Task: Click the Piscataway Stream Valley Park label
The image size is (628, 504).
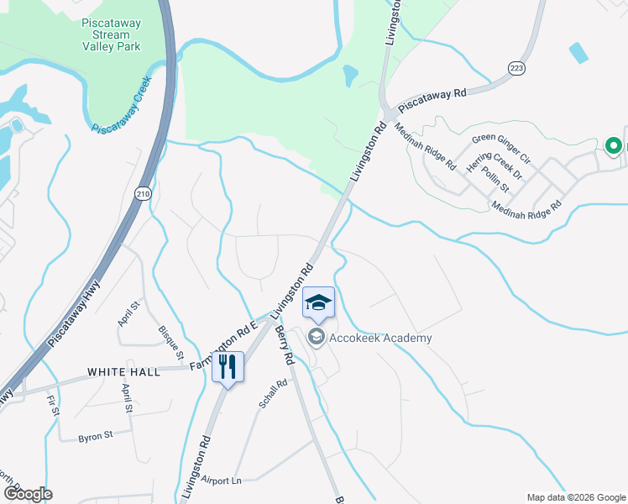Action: pyautogui.click(x=118, y=35)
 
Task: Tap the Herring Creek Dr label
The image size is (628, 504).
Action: pyautogui.click(x=495, y=165)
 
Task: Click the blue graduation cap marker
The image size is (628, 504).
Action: pyautogui.click(x=318, y=302)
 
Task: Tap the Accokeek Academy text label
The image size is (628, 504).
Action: pyautogui.click(x=380, y=338)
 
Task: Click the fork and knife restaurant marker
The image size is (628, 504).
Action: pyautogui.click(x=228, y=366)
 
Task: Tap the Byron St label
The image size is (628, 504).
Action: pyautogui.click(x=95, y=437)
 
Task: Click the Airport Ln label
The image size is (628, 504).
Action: pyautogui.click(x=222, y=480)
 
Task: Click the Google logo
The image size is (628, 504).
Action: pyautogui.click(x=28, y=493)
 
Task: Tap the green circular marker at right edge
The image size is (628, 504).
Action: pyautogui.click(x=613, y=146)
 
